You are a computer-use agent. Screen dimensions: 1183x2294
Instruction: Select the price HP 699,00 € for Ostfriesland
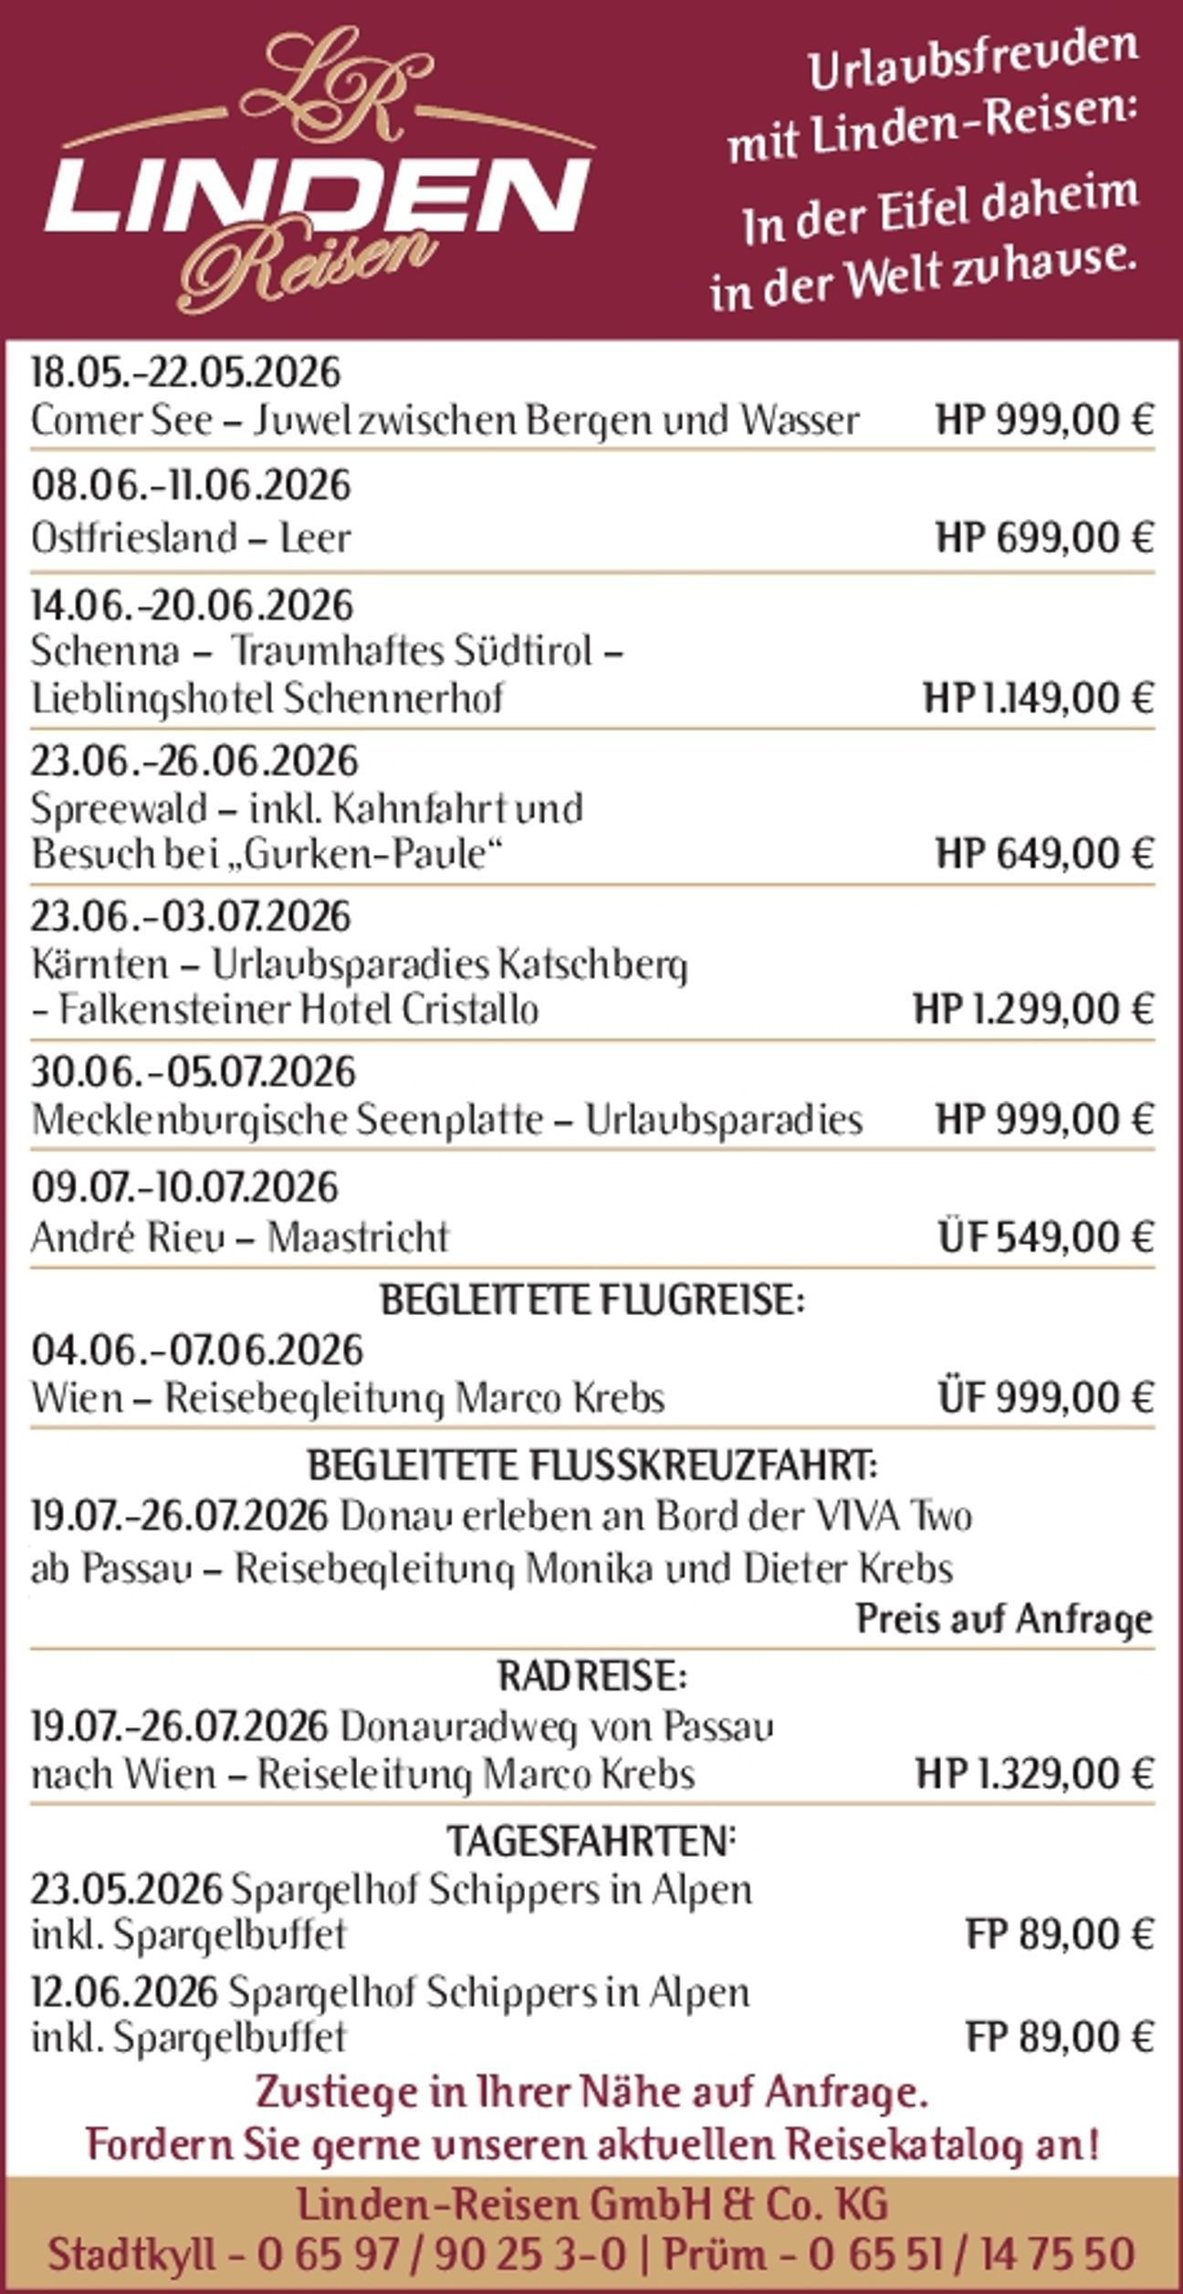[x=1044, y=537]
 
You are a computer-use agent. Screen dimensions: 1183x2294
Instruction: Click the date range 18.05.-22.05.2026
[x=185, y=373]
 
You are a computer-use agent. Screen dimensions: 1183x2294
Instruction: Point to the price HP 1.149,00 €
[x=1039, y=700]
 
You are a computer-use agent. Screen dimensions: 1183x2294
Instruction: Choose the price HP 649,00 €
[x=1044, y=855]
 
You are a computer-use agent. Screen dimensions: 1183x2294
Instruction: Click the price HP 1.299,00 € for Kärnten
[x=1033, y=1010]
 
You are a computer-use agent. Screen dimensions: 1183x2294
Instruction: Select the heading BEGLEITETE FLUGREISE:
[x=592, y=1300]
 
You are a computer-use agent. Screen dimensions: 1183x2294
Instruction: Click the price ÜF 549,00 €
[x=1046, y=1238]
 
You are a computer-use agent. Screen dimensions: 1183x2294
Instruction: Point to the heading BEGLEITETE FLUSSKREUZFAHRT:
[x=592, y=1467]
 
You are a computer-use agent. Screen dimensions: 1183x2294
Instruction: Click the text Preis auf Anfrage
[x=1004, y=1619]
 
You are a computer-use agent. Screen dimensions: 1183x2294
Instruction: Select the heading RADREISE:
[x=592, y=1677]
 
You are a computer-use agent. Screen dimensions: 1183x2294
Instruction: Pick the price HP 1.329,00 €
[x=1034, y=1774]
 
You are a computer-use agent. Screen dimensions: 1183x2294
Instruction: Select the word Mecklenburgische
[x=183, y=1120]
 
